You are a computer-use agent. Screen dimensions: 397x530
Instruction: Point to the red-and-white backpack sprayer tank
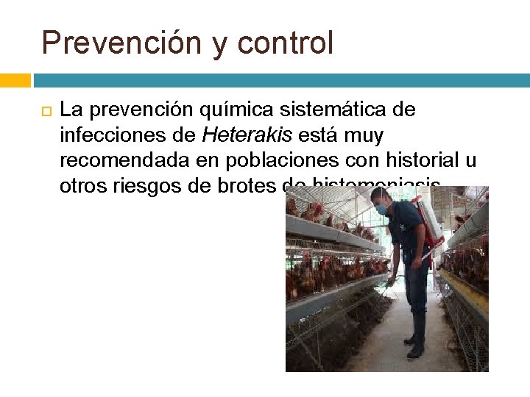click(x=429, y=221)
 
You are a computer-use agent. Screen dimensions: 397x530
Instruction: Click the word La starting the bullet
click(x=70, y=110)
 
